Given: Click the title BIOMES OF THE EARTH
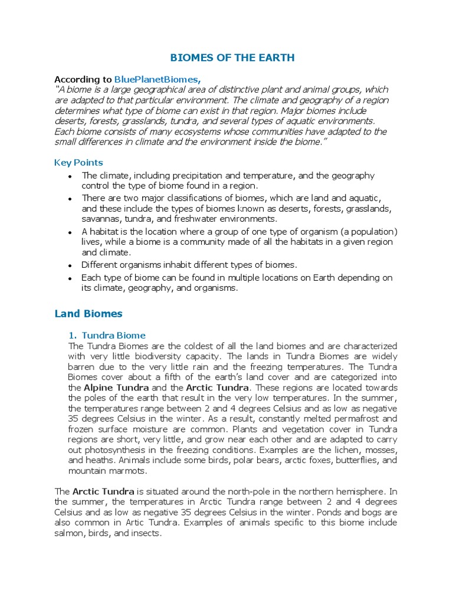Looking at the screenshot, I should pos(232,58).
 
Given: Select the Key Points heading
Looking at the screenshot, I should pos(78,162).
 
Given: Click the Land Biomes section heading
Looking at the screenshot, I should pos(88,313).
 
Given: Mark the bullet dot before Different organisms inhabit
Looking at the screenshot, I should pos(70,265).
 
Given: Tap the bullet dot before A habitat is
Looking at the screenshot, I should pos(70,232).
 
